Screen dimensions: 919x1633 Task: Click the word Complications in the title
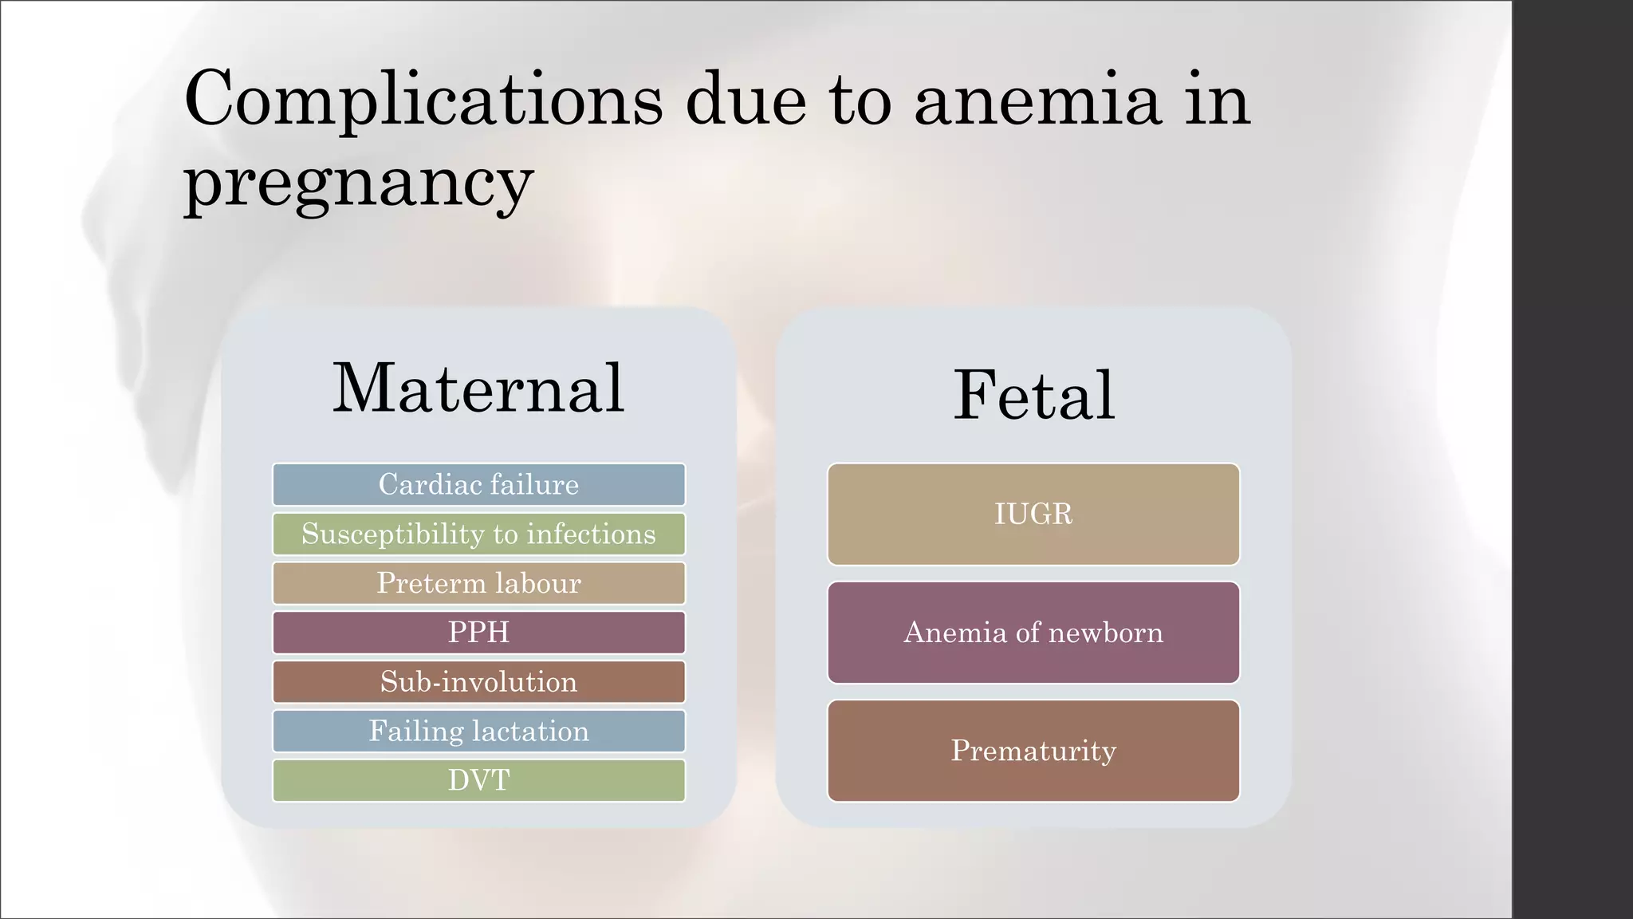pos(423,100)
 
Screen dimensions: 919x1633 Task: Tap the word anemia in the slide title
pos(1037,101)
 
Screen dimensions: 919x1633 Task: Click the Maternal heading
pos(478,389)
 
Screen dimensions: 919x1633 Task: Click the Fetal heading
pos(1034,395)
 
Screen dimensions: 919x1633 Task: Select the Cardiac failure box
pos(478,484)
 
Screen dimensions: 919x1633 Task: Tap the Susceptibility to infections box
pos(478,534)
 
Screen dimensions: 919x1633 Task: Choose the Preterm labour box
pos(478,583)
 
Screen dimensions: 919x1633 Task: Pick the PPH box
pos(478,633)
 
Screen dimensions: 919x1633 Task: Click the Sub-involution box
pos(478,682)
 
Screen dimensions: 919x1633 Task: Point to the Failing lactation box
pos(478,732)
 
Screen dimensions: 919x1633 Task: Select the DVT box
pos(478,780)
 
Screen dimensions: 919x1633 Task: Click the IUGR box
pos(1033,515)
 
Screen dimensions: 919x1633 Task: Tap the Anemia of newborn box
pos(1033,633)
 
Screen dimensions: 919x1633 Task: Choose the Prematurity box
pos(1033,751)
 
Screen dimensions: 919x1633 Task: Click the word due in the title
pos(746,101)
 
